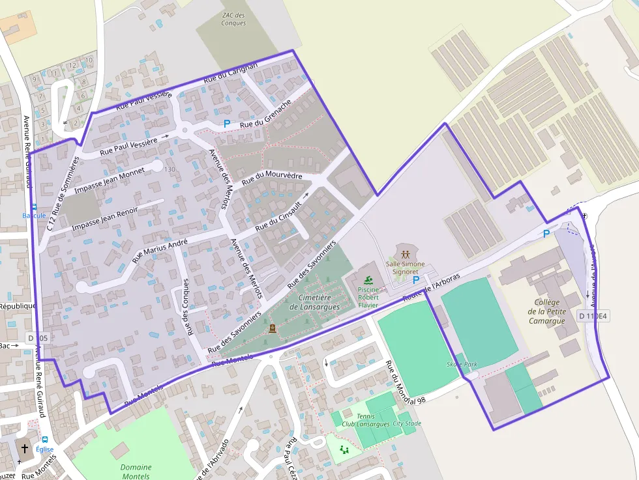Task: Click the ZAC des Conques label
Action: click(233, 19)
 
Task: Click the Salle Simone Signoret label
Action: click(405, 268)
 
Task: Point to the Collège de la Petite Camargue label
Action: click(546, 311)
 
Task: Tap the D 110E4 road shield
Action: click(592, 317)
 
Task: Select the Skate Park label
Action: click(462, 364)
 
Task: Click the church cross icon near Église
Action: click(25, 449)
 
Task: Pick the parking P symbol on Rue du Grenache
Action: click(227, 124)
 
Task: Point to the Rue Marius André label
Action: click(160, 251)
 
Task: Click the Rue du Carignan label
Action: click(231, 72)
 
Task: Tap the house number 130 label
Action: click(170, 169)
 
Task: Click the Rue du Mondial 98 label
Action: click(404, 384)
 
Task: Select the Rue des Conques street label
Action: click(188, 307)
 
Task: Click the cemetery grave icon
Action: click(271, 328)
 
